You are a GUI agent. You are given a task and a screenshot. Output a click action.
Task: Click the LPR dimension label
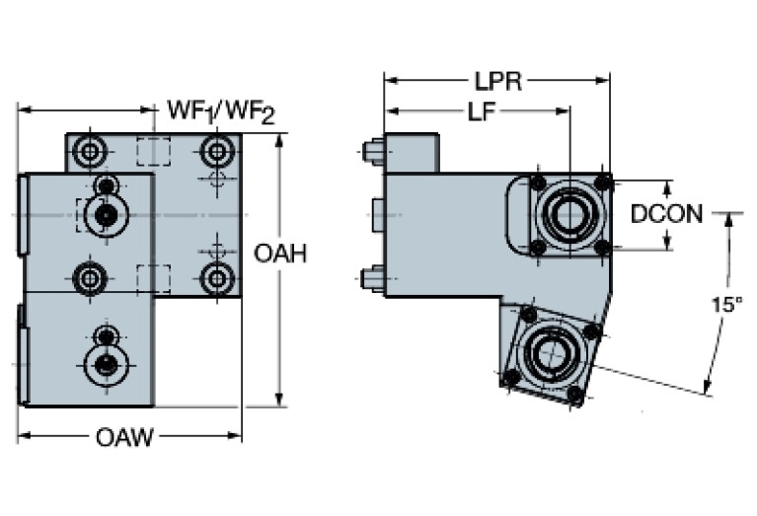pyautogui.click(x=497, y=82)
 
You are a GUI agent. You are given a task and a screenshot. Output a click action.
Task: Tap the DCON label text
pyautogui.click(x=667, y=214)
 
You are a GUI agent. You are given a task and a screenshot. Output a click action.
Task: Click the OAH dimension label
pyautogui.click(x=280, y=255)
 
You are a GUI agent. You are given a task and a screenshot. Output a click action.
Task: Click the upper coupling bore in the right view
pyautogui.click(x=570, y=215)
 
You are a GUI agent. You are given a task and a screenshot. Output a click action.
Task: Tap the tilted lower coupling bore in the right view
pyautogui.click(x=545, y=351)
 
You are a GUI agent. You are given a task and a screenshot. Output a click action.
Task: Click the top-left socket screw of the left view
pyautogui.click(x=92, y=152)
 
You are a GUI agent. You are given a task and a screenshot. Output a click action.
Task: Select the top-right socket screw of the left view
pyautogui.click(x=216, y=152)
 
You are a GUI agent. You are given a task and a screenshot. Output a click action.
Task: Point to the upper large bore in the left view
pyautogui.click(x=103, y=213)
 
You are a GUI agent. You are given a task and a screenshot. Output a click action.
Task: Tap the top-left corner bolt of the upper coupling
pyautogui.click(x=538, y=184)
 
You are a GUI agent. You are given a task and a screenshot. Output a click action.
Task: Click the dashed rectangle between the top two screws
pyautogui.click(x=153, y=152)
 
